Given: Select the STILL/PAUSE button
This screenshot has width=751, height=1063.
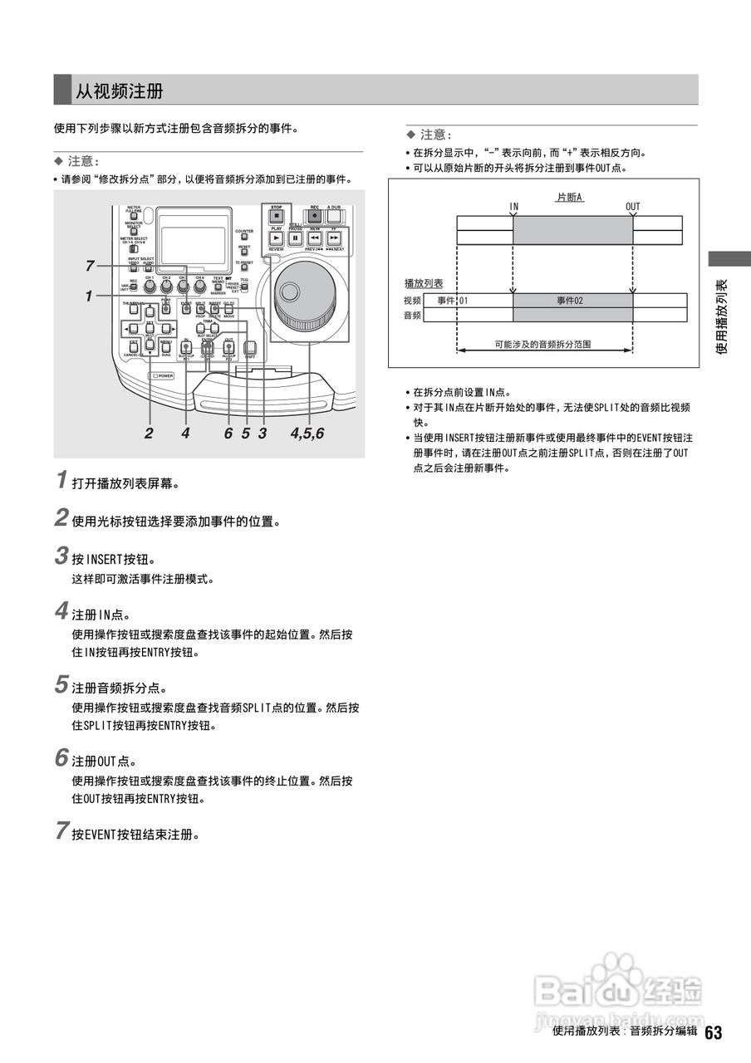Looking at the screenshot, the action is [296, 238].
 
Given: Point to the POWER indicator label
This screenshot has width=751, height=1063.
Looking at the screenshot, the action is [162, 375].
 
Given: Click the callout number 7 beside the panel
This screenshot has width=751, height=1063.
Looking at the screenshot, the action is [89, 266].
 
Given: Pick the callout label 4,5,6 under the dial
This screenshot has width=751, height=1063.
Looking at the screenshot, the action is [307, 433].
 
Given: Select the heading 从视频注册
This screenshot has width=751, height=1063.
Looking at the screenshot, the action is [120, 91].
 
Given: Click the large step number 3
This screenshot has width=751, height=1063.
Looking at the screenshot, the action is [61, 555].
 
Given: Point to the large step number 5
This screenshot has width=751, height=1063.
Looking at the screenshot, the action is [61, 685].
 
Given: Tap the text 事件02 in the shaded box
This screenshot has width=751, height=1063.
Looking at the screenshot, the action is [570, 300].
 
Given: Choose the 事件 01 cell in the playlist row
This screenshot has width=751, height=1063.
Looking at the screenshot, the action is [454, 300].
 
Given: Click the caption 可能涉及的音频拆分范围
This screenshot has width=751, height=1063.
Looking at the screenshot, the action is [542, 343].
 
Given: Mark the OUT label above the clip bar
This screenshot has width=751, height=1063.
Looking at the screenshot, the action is [633, 206].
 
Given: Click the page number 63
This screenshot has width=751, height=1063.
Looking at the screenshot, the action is [713, 1032].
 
